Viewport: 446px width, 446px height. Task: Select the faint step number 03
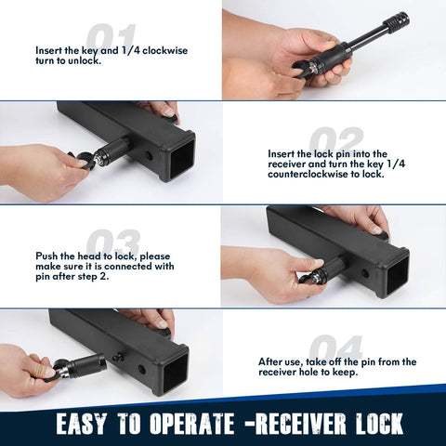click(111, 244)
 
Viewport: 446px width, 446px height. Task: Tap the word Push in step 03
click(49, 255)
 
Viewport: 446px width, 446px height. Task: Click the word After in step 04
click(273, 361)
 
